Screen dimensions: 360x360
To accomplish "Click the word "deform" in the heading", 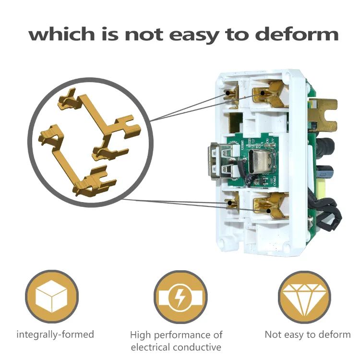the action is [x=297, y=35].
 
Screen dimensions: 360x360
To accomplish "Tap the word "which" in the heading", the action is [x=61, y=34].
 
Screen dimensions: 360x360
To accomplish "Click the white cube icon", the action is [x=51, y=296].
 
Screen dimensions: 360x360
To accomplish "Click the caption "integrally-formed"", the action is [x=55, y=335].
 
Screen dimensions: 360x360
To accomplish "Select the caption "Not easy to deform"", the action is [x=308, y=335].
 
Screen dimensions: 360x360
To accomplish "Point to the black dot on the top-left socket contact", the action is [x=228, y=93].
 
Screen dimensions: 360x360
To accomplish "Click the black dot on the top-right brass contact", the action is [x=262, y=93].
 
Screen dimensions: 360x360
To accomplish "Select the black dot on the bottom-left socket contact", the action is [x=229, y=203].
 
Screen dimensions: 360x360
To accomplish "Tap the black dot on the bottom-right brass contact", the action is [x=269, y=211].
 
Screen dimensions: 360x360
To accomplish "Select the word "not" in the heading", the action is [x=144, y=35].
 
